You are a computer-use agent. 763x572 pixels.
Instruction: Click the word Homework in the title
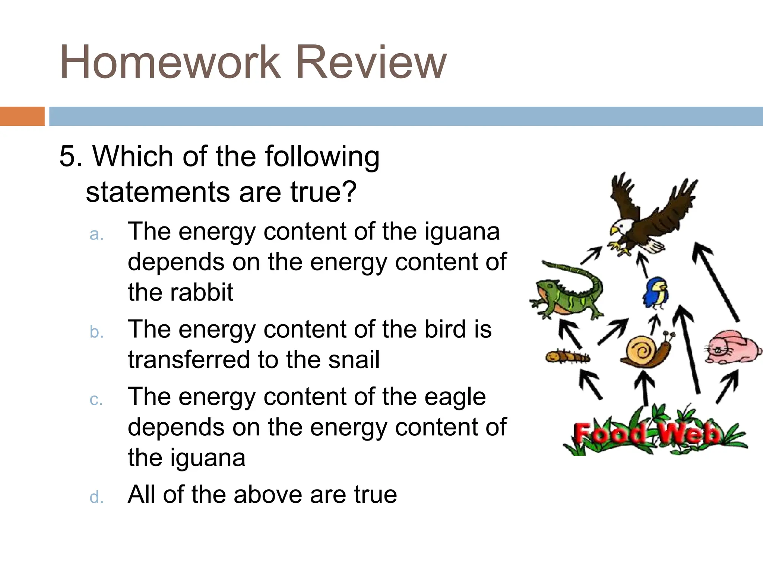click(x=170, y=63)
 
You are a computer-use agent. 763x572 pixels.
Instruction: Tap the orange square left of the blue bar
click(x=22, y=116)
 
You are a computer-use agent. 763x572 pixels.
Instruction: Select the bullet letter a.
click(x=96, y=235)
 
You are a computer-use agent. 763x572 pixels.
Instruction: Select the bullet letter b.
click(x=96, y=332)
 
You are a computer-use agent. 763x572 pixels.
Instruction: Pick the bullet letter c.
click(x=96, y=400)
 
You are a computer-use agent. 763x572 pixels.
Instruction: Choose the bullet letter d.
click(x=96, y=497)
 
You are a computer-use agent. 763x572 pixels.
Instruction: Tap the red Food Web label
click(x=646, y=434)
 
